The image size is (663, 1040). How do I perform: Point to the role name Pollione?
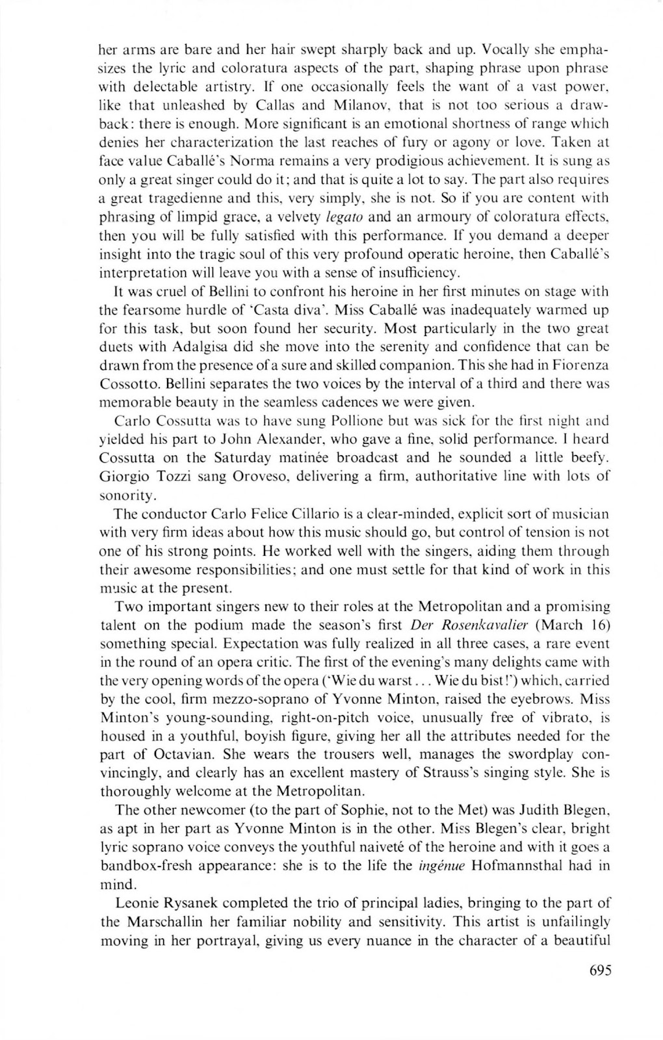355,421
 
